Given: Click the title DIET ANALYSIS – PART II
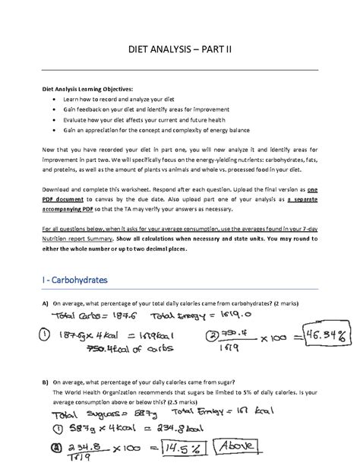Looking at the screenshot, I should pyautogui.click(x=179, y=51).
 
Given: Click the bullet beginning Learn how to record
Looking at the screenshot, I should pyautogui.click(x=126, y=100).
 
